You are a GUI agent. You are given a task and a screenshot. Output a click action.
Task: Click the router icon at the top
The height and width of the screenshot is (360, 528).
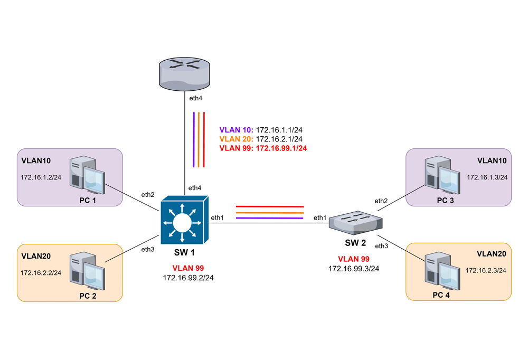point(184,73)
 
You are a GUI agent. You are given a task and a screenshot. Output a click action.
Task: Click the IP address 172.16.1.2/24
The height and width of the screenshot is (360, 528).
point(41,177)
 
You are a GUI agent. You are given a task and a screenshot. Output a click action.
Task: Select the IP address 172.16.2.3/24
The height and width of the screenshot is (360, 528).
point(486,270)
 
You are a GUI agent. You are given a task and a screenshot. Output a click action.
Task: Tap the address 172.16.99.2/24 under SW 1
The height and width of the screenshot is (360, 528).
point(188,277)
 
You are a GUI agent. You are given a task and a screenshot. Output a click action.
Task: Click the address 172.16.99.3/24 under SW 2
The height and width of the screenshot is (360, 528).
point(354,268)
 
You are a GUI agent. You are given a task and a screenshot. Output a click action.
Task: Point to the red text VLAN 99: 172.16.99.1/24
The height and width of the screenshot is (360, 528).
point(263,148)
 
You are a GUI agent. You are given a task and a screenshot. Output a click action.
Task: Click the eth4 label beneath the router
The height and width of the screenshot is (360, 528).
point(195,98)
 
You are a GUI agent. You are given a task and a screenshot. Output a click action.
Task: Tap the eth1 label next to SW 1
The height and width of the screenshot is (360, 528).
point(217,217)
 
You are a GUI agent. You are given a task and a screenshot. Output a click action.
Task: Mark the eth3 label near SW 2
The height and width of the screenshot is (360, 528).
point(381,246)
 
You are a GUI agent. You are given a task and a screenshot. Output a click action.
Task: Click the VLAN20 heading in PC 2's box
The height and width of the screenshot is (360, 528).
point(36,256)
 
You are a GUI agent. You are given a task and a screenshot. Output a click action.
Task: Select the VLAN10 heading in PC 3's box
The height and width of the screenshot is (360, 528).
point(492,160)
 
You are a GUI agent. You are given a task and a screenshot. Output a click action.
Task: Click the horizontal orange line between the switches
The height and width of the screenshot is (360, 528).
point(269,212)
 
